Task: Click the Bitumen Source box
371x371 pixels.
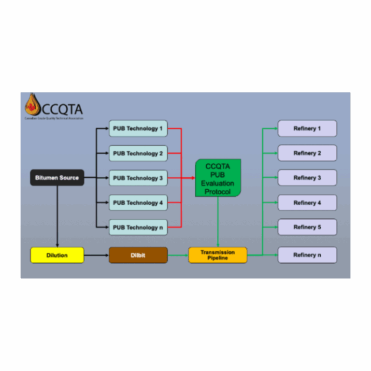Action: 57,178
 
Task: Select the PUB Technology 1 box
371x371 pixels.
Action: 138,128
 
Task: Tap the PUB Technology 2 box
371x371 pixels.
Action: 138,153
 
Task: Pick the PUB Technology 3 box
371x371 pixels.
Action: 138,178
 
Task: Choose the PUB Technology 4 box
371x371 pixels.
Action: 138,203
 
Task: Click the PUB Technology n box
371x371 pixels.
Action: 138,228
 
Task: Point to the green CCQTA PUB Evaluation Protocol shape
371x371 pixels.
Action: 218,178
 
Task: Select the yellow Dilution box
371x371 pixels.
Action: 57,255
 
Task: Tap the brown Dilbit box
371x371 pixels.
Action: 138,255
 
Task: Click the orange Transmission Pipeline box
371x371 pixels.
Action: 217,255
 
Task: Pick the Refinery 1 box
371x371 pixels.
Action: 307,128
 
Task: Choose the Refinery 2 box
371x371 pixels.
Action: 307,153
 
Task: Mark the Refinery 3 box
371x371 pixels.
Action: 307,178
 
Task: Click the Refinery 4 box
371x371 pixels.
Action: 307,203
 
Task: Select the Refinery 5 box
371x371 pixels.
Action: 307,227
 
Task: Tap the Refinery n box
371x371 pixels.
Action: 307,255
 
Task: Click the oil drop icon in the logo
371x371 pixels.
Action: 32,105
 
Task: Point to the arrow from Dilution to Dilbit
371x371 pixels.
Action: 96,255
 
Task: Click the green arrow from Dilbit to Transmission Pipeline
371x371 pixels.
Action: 178,255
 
